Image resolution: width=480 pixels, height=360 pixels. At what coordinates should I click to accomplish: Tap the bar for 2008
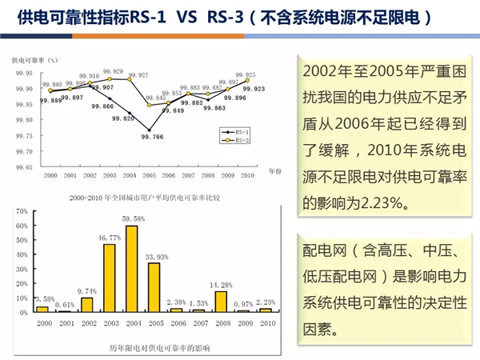click(222, 300)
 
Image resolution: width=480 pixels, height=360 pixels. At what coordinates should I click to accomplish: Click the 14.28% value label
click(222, 283)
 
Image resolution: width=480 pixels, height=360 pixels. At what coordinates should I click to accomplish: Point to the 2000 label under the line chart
click(50, 175)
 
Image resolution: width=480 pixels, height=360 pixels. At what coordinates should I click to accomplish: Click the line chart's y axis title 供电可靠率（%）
click(35, 59)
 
